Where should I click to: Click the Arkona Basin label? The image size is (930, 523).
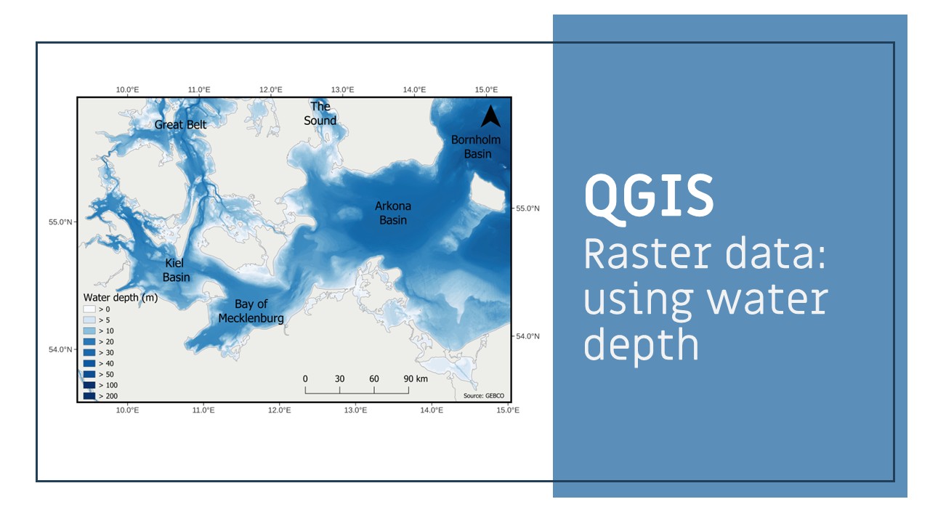pos(393,213)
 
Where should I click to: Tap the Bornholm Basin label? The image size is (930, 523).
pos(476,147)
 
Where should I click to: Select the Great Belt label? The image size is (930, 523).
pos(180,124)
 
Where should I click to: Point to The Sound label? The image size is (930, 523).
pos(320,113)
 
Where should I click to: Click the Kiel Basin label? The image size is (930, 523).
pos(176,269)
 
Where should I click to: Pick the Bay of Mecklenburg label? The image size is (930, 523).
pos(251,312)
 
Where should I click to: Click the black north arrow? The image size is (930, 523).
pos(490,115)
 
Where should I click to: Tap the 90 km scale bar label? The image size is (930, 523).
pos(416,378)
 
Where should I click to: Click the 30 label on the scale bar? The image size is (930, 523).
pos(339,378)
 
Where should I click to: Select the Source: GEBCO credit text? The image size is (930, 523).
pos(484,396)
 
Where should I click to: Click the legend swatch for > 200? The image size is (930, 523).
pos(89,396)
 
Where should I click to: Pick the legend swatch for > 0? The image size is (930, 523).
pos(89,309)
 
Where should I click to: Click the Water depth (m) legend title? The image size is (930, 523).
pos(121,298)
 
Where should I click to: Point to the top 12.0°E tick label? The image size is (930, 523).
pos(271,89)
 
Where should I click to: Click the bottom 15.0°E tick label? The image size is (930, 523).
pos(508,410)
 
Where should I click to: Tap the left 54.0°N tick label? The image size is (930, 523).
pos(60,349)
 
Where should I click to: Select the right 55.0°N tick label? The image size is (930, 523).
pos(527,208)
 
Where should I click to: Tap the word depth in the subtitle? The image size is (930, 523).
pos(642,345)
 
